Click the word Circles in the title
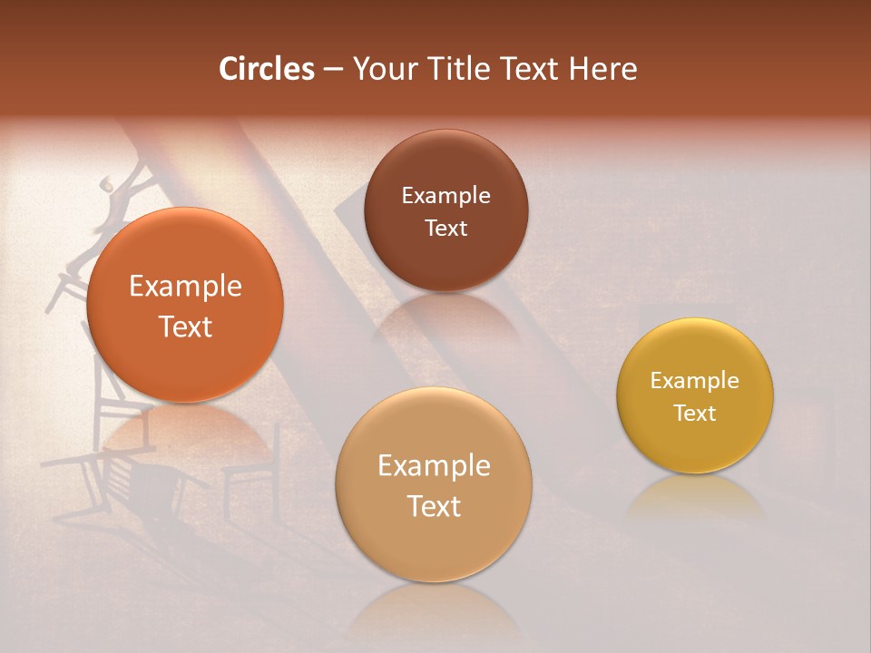click(x=267, y=69)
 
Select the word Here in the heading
click(x=603, y=69)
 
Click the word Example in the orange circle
click(x=185, y=287)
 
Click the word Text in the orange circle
click(x=185, y=326)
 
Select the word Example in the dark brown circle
click(x=445, y=196)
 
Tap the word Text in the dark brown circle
click(x=445, y=229)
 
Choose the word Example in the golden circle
click(x=695, y=381)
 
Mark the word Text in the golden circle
click(x=695, y=414)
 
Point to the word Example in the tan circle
click(x=434, y=466)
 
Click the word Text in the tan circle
click(x=434, y=506)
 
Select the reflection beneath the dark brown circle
click(x=445, y=317)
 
